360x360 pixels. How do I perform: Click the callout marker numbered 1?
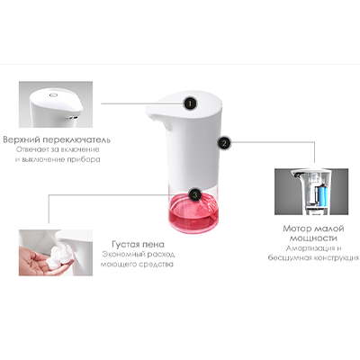tap(190, 103)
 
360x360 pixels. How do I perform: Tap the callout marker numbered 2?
tap(224, 143)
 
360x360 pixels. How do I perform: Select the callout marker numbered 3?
tap(195, 194)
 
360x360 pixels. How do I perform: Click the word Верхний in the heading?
tap(22, 139)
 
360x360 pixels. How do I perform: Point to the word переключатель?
tap(76, 140)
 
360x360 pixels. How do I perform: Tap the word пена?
tap(154, 244)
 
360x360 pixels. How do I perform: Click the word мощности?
tap(313, 238)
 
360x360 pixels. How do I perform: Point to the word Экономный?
tap(123, 255)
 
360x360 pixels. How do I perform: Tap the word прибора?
tap(85, 159)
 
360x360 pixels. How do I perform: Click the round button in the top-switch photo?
tap(54, 94)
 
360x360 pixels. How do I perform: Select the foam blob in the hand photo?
tap(60, 256)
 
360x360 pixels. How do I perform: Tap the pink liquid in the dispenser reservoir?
tap(193, 211)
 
